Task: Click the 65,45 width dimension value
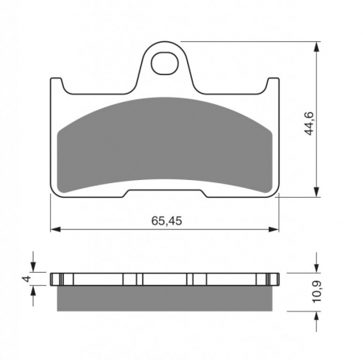point(166,221)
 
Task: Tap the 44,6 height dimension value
point(309,123)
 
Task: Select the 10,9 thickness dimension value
point(317,291)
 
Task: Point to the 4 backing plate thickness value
point(27,278)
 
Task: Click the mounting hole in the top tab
point(165,64)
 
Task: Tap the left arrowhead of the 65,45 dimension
point(55,229)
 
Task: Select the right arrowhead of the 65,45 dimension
point(274,229)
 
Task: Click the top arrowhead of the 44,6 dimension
point(317,46)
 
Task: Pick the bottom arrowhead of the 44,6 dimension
point(317,192)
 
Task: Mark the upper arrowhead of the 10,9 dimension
point(317,268)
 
